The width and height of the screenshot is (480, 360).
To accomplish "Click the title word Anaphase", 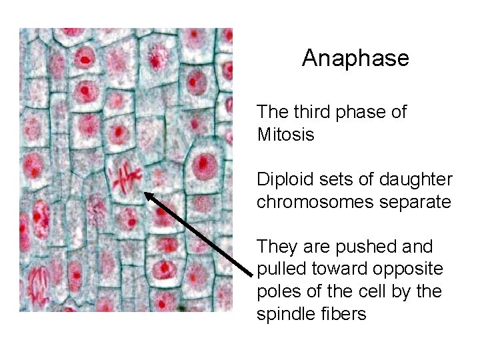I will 355,59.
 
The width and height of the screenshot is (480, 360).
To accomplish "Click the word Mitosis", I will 285,135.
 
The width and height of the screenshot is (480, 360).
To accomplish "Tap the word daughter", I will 417,179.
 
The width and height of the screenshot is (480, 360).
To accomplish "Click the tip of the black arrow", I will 147,194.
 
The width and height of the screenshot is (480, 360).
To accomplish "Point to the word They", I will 275,247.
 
